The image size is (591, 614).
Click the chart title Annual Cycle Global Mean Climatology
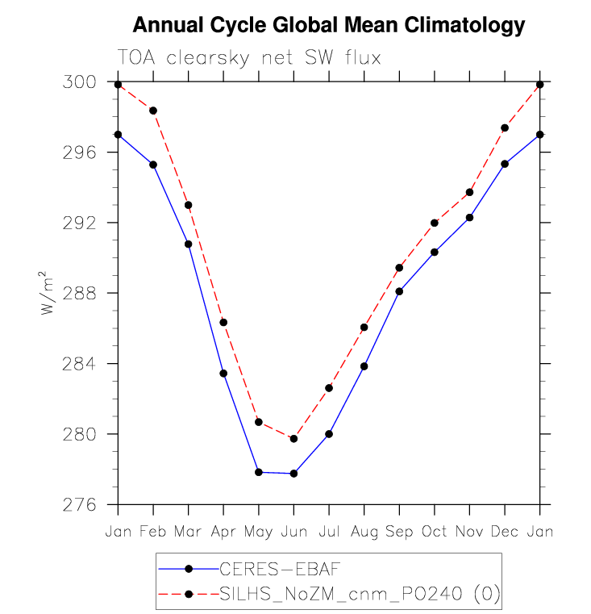point(328,26)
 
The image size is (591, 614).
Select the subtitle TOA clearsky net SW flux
point(248,58)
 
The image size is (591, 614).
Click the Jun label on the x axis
point(293,533)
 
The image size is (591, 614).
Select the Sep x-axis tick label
point(399,533)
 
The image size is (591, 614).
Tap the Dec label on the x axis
point(505,533)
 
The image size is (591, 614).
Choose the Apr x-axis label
point(223,533)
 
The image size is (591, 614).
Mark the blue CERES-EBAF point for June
point(293,474)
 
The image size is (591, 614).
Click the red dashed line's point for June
point(293,439)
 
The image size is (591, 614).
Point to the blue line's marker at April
point(223,374)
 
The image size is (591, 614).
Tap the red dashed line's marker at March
point(189,205)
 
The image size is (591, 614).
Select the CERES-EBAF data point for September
point(399,291)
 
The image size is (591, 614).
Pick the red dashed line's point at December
point(505,128)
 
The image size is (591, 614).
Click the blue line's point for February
point(153,165)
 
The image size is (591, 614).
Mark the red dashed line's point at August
point(364,328)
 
